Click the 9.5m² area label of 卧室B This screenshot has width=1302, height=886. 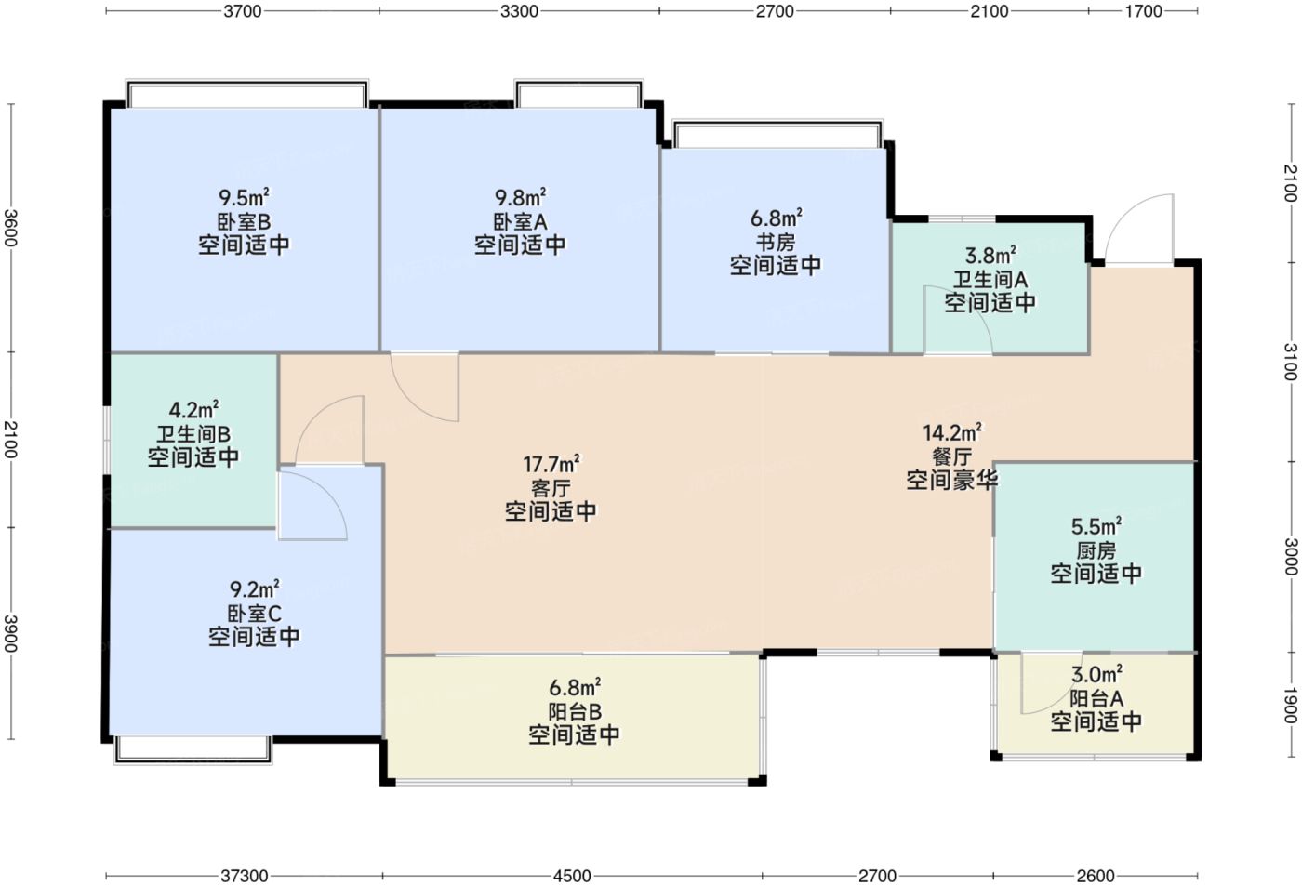pos(244,197)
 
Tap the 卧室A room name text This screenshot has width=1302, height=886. pos(520,221)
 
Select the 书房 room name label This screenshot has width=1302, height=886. pos(776,242)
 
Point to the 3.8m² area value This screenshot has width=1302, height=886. pos(990,256)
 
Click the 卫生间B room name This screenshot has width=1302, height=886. pos(193,434)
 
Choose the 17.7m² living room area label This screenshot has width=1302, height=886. pos(551,464)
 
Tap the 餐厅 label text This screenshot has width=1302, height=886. pos(952,456)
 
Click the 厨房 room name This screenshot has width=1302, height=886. pos(1096,550)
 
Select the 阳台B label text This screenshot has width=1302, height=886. pos(575,711)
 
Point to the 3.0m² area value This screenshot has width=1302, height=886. pos(1096,675)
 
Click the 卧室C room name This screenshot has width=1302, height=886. pos(254,614)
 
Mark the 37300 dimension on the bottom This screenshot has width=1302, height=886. pos(244,876)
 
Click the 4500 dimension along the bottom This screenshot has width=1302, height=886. pos(572,876)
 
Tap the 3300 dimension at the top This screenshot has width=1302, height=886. pos(519,11)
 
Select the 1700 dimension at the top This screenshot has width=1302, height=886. pos(1143,11)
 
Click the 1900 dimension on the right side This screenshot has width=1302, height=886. pos(1291,706)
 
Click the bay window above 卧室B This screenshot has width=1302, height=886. pos(247,94)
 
